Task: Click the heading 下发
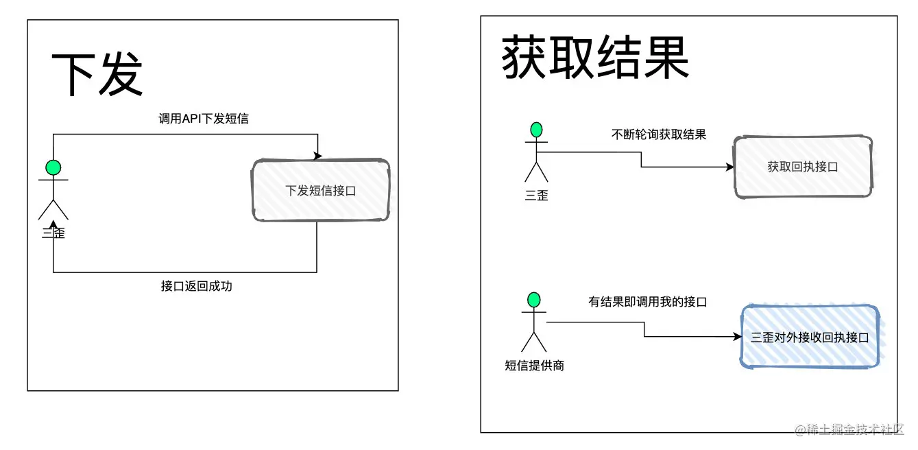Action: click(97, 73)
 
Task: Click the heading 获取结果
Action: click(595, 58)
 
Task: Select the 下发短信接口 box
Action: click(321, 191)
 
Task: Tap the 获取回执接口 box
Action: click(803, 167)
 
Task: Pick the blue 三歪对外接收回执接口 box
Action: click(810, 337)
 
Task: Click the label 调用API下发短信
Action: click(204, 119)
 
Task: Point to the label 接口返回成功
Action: click(197, 286)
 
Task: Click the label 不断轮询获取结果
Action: click(658, 134)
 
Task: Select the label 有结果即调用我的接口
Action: click(647, 302)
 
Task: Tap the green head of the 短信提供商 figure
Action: click(534, 299)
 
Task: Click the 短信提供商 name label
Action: click(534, 366)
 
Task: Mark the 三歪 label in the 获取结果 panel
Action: click(536, 196)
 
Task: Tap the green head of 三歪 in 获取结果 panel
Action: click(536, 129)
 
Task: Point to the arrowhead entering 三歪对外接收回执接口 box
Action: click(737, 337)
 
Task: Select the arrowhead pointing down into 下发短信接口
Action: click(317, 157)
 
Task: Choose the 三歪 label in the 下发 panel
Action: click(53, 233)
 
